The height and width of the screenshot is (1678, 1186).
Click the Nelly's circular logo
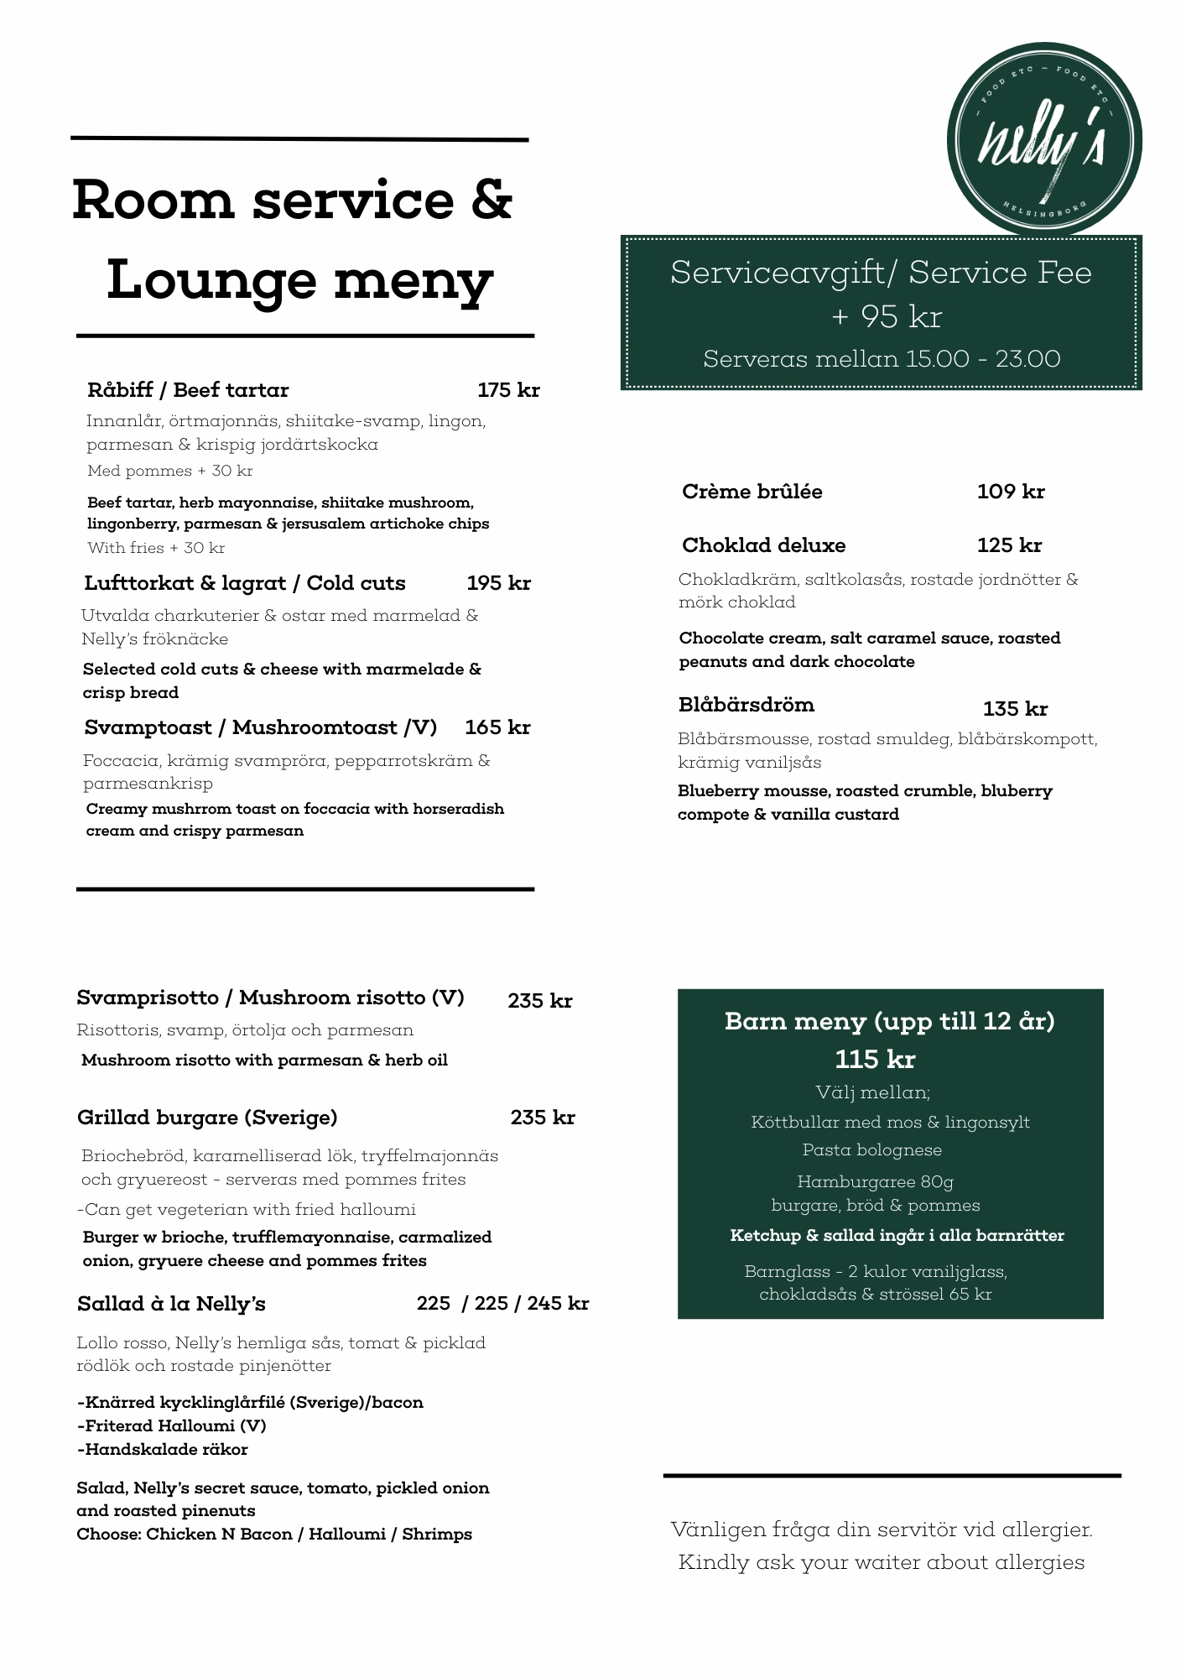[1044, 140]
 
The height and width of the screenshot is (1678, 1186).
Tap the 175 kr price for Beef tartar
[508, 390]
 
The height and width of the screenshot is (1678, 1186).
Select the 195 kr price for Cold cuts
[498, 583]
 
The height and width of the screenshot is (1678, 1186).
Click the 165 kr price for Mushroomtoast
[497, 727]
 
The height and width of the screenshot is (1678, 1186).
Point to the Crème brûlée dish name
[752, 492]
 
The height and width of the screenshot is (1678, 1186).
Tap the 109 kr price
[1011, 492]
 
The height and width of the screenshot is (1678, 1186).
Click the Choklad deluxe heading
[763, 545]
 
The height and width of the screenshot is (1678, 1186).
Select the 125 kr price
[1009, 545]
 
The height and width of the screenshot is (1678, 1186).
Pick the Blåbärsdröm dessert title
[746, 705]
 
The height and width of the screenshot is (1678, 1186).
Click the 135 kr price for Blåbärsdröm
[1015, 709]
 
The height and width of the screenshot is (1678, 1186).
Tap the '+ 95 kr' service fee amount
[887, 316]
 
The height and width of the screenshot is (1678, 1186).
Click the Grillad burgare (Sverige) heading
[207, 1118]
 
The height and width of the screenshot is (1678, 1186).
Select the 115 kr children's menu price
[875, 1060]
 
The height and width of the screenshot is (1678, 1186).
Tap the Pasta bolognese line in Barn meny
[871, 1149]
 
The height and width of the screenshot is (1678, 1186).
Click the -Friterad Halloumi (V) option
[171, 1425]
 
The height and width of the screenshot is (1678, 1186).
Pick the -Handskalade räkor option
[162, 1449]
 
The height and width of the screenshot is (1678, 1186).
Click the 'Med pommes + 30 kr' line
[169, 471]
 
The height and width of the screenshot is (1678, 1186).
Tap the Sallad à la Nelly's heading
[171, 1304]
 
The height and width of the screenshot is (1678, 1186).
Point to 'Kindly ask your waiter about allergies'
[881, 1562]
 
